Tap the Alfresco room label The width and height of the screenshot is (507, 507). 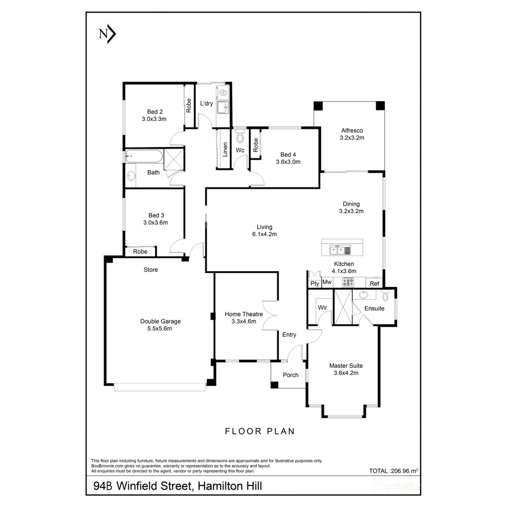pyautogui.click(x=352, y=131)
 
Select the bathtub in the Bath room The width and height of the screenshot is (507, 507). pyautogui.click(x=144, y=156)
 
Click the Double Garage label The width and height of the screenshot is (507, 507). pyautogui.click(x=161, y=322)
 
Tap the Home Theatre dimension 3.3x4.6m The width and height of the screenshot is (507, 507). pyautogui.click(x=244, y=322)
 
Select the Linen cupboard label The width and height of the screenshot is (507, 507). pyautogui.click(x=225, y=150)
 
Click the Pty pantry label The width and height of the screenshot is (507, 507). pyautogui.click(x=315, y=284)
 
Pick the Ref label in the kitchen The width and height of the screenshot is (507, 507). pyautogui.click(x=375, y=284)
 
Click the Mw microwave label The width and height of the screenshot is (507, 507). pyautogui.click(x=327, y=282)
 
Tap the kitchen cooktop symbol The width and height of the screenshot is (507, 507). pyautogui.click(x=348, y=282)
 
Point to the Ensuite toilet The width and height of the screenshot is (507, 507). pyautogui.click(x=385, y=296)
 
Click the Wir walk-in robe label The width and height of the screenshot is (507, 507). pyautogui.click(x=323, y=307)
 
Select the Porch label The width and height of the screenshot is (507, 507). pyautogui.click(x=291, y=375)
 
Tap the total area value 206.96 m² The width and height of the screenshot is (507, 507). pyautogui.click(x=404, y=471)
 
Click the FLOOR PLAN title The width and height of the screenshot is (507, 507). pyautogui.click(x=260, y=431)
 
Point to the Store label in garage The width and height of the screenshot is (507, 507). pyautogui.click(x=151, y=269)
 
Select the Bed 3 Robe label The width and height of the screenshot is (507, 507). pyautogui.click(x=140, y=252)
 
